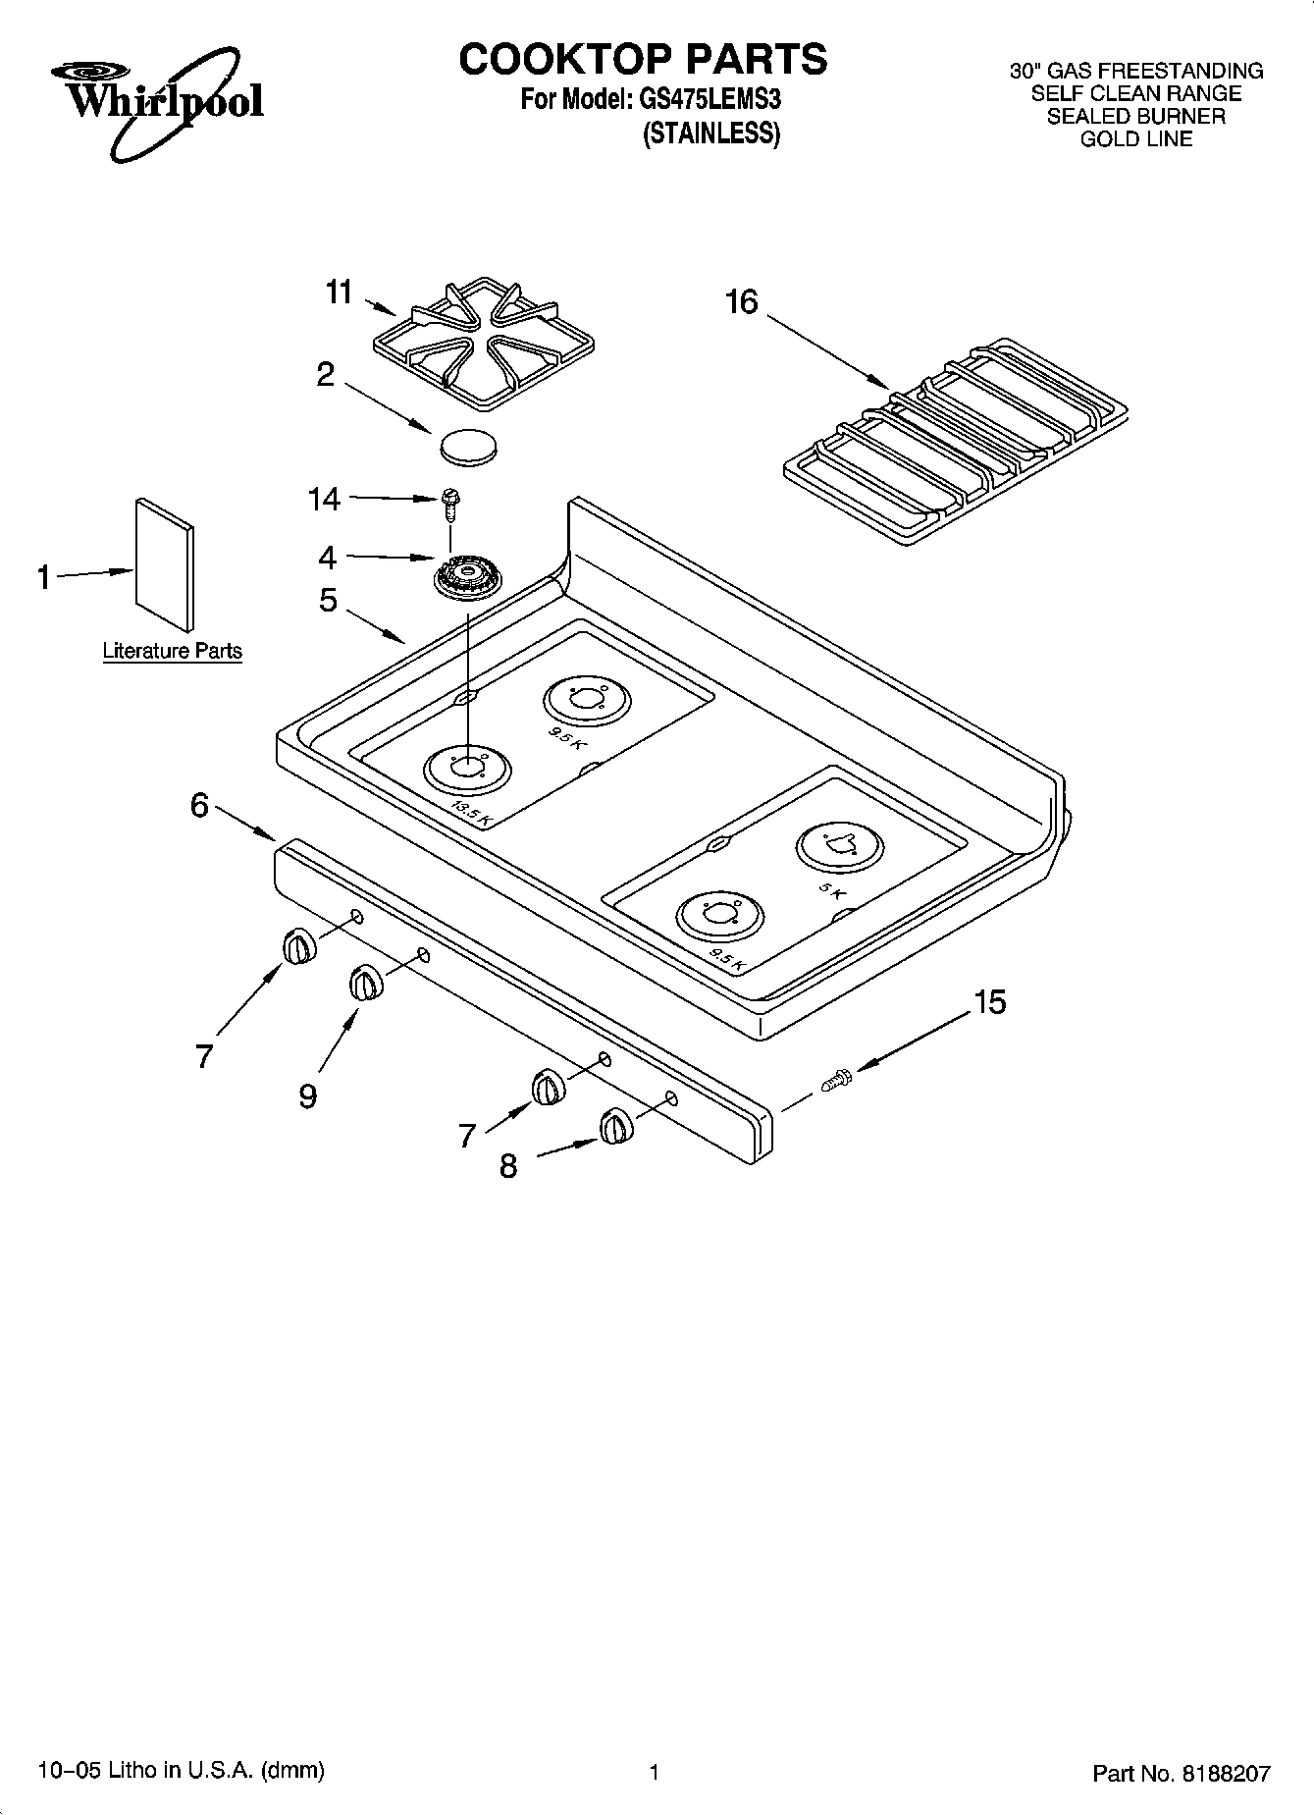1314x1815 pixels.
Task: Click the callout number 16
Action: [x=742, y=301]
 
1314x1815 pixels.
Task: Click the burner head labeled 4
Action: [x=467, y=577]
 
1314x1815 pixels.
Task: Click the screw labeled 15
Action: [x=835, y=1081]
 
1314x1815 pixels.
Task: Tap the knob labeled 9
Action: [x=364, y=983]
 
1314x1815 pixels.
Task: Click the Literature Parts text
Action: [x=173, y=651]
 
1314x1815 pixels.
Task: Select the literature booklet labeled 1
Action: [x=164, y=565]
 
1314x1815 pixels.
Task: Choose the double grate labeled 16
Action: [x=954, y=439]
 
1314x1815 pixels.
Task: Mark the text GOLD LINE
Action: [x=1136, y=138]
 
